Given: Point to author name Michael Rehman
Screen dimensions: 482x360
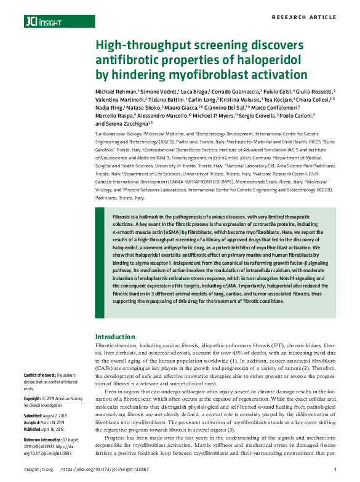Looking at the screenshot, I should coord(116,90).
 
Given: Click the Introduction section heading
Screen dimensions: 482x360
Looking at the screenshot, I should coord(115,337).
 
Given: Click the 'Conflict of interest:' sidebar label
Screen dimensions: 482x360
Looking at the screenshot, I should coord(39,375).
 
